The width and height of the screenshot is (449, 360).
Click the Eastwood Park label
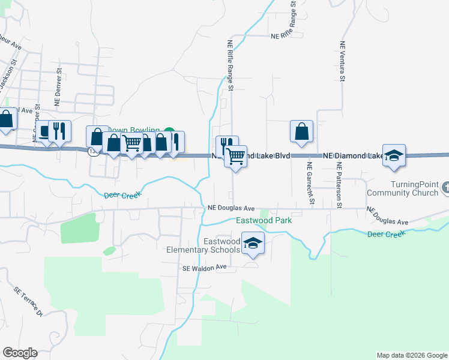pos(264,220)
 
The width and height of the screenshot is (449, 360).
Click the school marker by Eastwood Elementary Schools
pos(253,244)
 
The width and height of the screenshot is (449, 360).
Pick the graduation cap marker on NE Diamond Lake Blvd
pos(394,156)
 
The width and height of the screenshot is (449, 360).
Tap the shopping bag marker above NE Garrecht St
pos(301,132)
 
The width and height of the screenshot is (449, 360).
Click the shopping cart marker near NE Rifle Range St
pos(236,157)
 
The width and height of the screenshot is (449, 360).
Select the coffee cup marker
pos(45,132)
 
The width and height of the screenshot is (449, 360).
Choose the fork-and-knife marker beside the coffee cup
pos(59,131)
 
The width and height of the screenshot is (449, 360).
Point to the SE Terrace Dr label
pos(29,301)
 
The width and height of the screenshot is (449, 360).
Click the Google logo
pos(20,353)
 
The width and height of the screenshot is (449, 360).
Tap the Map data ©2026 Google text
pos(411,355)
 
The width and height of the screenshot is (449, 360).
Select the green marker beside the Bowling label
pos(169,132)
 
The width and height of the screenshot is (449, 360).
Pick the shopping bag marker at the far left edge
pos(6,119)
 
